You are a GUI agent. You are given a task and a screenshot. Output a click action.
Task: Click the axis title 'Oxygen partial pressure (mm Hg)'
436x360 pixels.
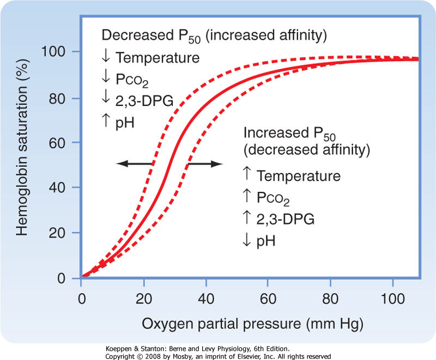click(252, 323)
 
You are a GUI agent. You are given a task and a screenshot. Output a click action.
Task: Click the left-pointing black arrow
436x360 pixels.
click(134, 163)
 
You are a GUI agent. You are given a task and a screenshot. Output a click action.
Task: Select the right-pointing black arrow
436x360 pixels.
click(204, 163)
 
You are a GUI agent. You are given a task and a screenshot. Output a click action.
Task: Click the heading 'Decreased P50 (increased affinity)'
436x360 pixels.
click(214, 36)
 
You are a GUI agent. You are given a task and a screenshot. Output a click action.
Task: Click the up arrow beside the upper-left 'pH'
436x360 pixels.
click(106, 121)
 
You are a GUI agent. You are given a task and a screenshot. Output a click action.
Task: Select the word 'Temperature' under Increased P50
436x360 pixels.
click(299, 176)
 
